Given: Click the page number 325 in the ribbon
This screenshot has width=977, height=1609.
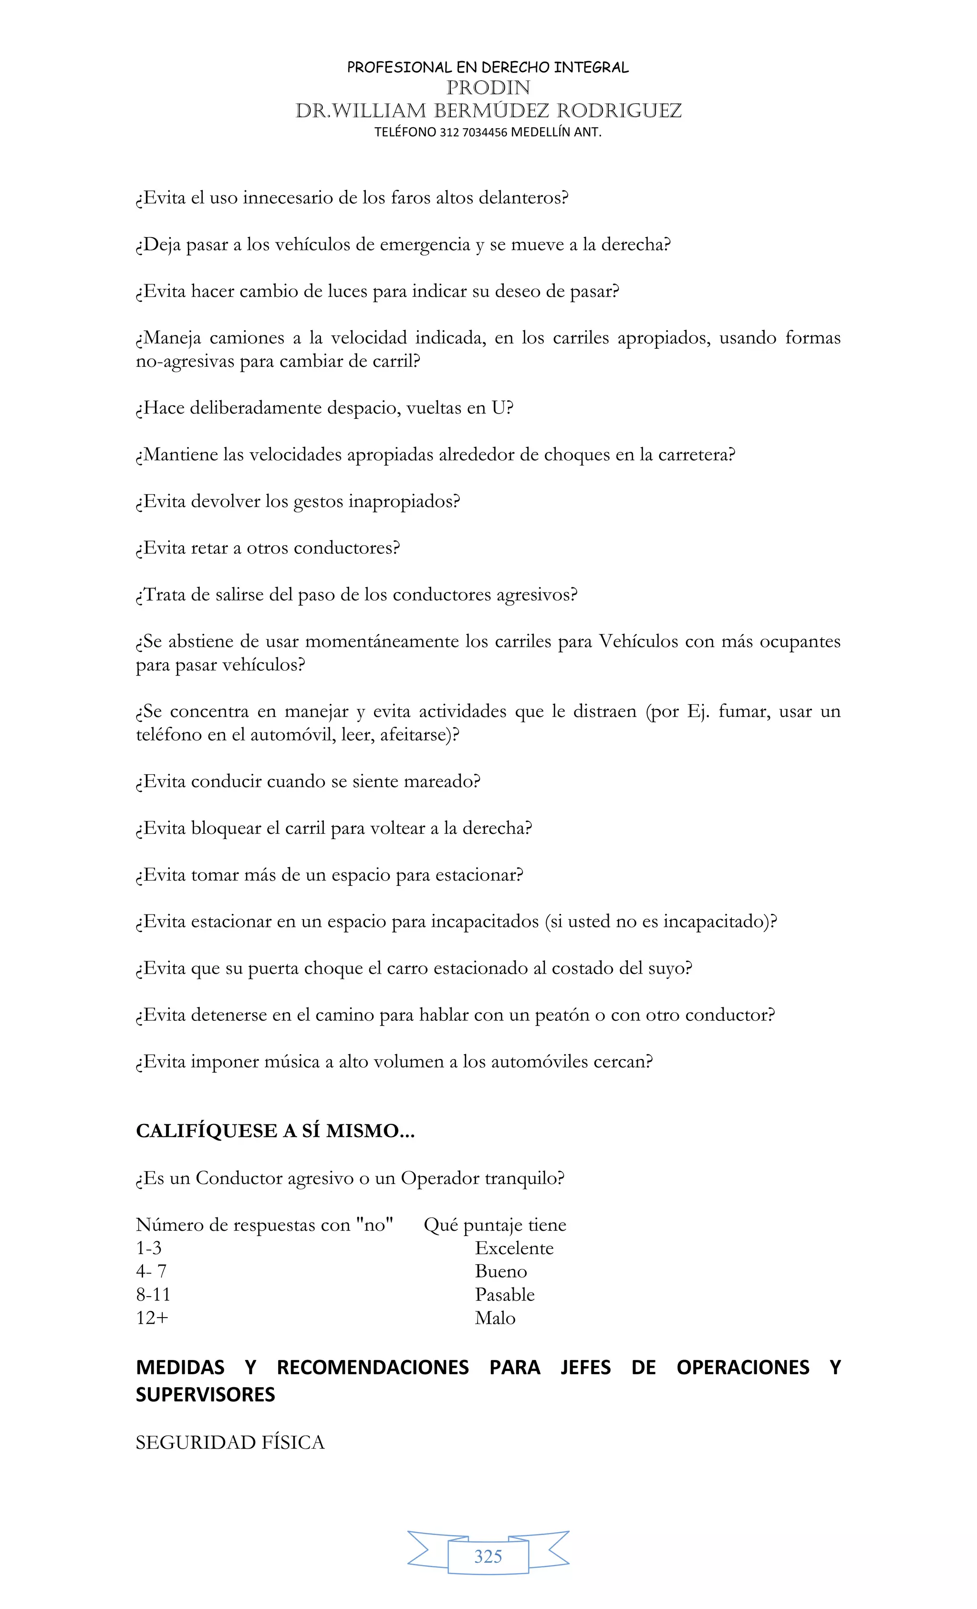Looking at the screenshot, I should click(x=488, y=1556).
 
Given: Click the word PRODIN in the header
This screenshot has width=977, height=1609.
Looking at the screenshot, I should click(x=488, y=87).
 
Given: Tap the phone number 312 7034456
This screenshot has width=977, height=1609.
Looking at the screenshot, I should click(x=474, y=132).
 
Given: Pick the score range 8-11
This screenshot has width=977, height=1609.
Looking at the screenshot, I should click(x=153, y=1294).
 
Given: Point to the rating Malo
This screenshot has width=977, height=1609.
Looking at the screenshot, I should click(x=495, y=1318).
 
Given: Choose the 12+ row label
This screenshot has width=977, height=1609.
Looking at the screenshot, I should click(x=152, y=1318).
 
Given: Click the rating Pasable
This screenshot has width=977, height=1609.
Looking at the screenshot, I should click(x=504, y=1294).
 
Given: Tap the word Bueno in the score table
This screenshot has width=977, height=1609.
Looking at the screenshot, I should click(x=500, y=1271).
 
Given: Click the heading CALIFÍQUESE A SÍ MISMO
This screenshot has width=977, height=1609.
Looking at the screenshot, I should click(x=275, y=1131).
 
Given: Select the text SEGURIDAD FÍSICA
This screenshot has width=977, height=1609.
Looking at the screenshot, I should click(x=230, y=1443).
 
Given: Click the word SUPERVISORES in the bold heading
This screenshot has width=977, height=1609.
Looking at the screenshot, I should click(x=205, y=1395).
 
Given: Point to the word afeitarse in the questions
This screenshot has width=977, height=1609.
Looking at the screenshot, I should click(x=416, y=735).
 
